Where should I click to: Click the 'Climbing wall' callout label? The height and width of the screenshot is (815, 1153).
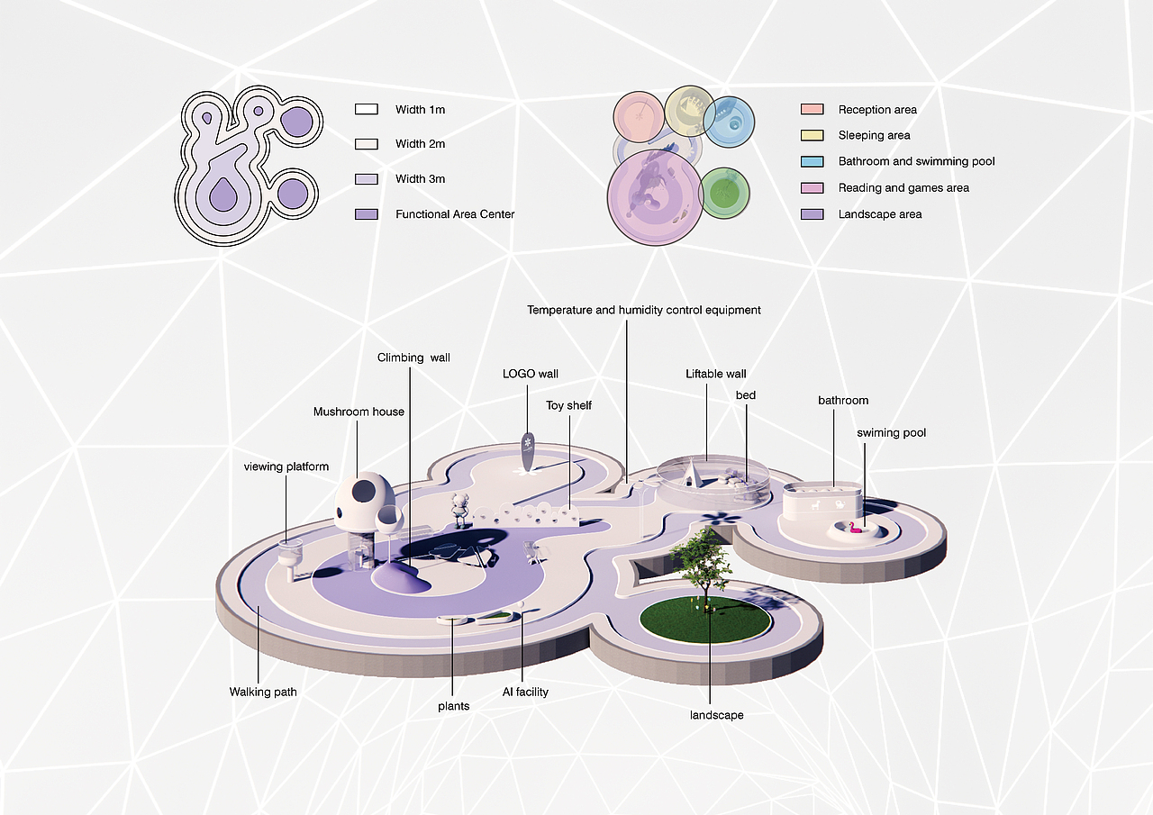coord(413,358)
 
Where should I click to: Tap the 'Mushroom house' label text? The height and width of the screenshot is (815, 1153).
coord(359,412)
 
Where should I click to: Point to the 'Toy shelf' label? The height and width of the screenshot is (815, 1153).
coord(568,405)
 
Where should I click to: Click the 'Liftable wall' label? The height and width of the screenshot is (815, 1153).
coord(715,374)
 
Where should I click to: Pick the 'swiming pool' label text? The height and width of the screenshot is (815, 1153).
coord(891,433)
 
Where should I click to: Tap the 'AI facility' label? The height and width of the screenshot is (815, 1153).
coord(525,692)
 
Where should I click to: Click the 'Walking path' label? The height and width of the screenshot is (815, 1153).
coord(262,693)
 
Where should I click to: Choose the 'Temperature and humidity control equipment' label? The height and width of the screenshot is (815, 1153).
coord(643,310)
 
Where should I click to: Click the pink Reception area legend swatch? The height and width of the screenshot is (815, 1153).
coord(812,110)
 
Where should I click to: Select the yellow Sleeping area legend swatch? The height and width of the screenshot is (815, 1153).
coord(812,136)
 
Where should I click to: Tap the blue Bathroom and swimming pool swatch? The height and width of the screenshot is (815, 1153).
coord(812,162)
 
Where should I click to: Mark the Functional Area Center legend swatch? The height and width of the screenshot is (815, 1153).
coord(366,214)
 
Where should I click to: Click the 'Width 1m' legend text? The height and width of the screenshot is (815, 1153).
coord(420,110)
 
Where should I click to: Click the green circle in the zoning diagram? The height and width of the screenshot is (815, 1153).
coord(724,193)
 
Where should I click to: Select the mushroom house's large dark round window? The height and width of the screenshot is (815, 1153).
coord(365,491)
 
